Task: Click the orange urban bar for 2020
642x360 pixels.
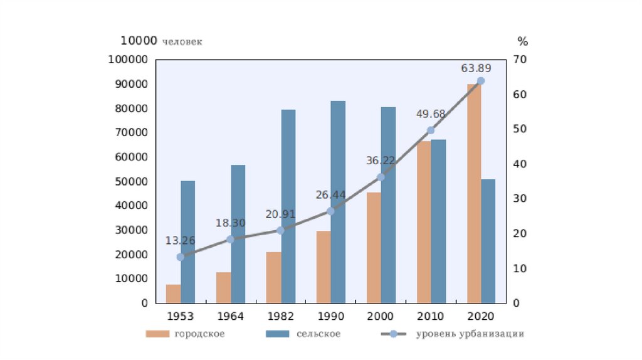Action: click(x=474, y=194)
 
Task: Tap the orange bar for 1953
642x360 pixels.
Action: click(x=174, y=294)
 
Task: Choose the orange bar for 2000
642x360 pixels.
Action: click(x=374, y=247)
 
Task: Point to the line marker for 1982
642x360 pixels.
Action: click(x=280, y=230)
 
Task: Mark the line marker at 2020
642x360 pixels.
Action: click(x=481, y=81)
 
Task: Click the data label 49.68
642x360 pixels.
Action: click(x=431, y=114)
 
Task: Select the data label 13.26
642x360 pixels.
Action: click(x=180, y=240)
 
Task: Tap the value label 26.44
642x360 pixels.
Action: click(x=330, y=195)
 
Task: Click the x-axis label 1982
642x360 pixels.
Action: click(x=280, y=316)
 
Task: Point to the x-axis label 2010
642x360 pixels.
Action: click(x=431, y=316)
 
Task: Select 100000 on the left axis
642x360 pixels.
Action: click(x=128, y=60)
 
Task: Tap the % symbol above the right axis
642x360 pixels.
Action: click(x=523, y=42)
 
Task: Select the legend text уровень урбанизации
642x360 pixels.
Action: click(x=470, y=334)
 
